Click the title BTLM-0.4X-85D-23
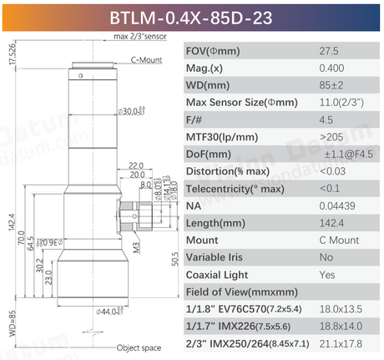pyautogui.click(x=191, y=16)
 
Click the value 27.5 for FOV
pyautogui.click(x=329, y=50)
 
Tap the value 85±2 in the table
pyautogui.click(x=332, y=85)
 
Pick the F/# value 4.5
pyautogui.click(x=327, y=119)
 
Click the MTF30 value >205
pyautogui.click(x=331, y=137)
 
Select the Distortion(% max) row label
pyautogui.click(x=230, y=171)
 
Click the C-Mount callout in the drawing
pyautogui.click(x=145, y=60)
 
